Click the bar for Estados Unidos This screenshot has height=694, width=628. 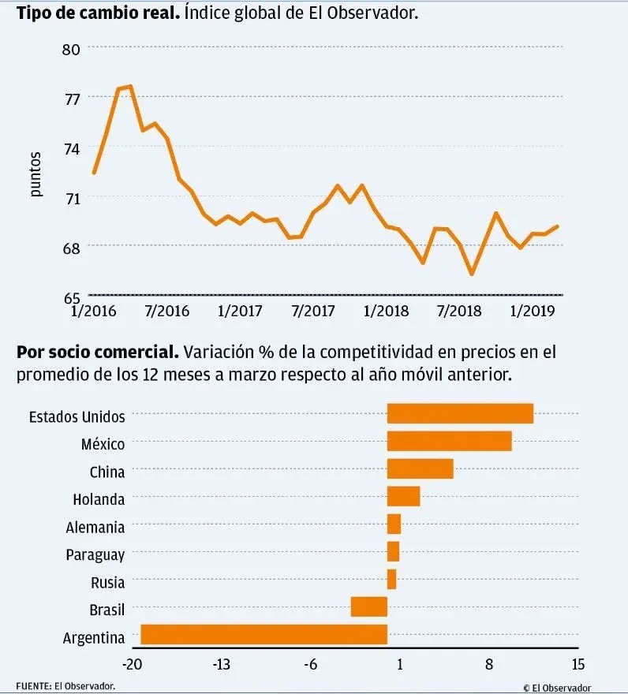coord(460,413)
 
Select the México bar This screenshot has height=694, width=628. coord(449,442)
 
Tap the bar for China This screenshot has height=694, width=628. coord(420,469)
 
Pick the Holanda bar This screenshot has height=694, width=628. coord(403,497)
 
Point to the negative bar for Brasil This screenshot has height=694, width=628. coord(369,606)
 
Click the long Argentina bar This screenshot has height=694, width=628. coord(264,635)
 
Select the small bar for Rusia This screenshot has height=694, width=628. coord(391,580)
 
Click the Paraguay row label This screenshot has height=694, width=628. coord(95,555)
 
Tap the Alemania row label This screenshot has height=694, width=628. coord(95,527)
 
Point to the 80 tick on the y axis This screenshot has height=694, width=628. coord(73,48)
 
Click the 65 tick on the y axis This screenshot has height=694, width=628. coord(73,297)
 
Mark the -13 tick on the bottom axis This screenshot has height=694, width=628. coord(221,664)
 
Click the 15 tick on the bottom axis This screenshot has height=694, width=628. coord(578,664)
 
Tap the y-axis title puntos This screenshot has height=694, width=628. coord(36,173)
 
